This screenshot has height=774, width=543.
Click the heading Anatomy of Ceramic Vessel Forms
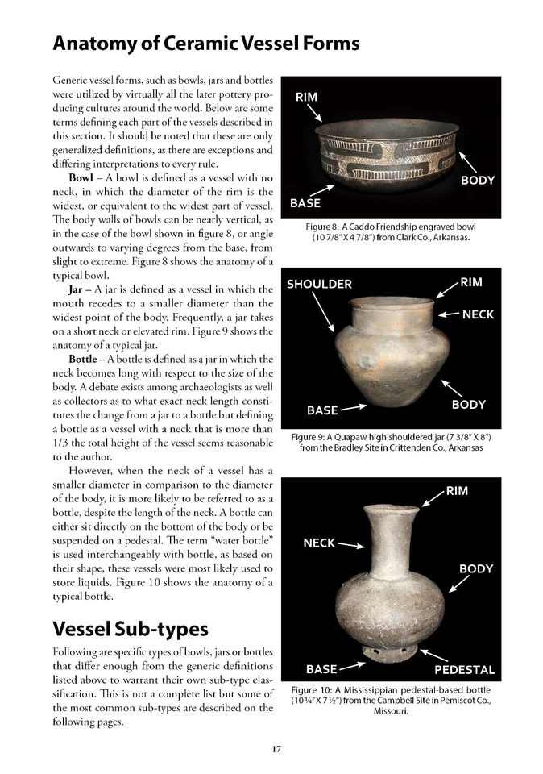205,43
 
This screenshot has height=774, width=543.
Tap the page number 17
276,749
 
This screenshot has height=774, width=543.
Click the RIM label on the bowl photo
306,98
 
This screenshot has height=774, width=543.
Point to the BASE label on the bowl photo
305,203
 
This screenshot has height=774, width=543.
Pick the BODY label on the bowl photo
477,181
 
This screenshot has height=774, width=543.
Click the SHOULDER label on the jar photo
320,284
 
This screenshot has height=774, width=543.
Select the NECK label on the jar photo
479,314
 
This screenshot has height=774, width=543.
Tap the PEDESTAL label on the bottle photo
465,669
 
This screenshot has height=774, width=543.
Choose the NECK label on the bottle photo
319,543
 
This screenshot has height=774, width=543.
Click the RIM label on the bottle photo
457,491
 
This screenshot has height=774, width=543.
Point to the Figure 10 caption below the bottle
391,701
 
